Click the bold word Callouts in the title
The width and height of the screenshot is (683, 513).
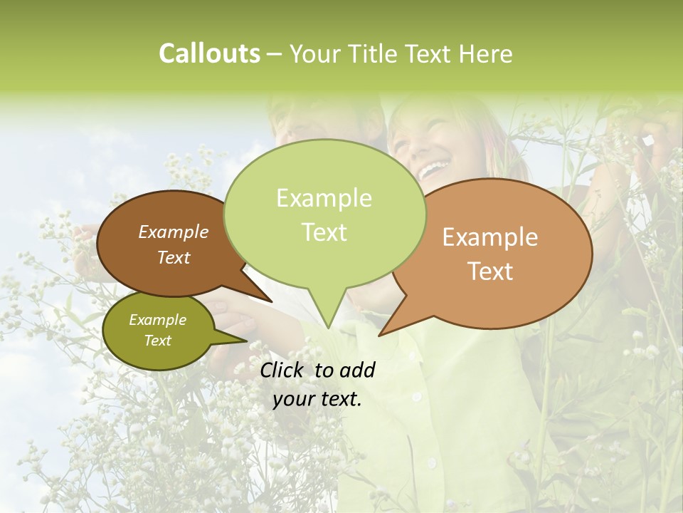209,53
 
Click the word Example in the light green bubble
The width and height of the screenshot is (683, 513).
324,198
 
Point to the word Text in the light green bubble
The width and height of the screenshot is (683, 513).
324,232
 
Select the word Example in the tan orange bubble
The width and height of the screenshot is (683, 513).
490,237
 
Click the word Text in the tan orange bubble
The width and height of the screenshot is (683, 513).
490,271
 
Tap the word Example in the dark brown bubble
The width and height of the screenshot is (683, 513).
173,232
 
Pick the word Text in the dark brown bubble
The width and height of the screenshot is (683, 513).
173,257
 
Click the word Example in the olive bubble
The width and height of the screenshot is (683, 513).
157,320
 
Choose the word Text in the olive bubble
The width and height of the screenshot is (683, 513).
157,341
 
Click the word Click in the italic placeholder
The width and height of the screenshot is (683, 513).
283,370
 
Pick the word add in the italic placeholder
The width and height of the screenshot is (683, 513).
357,370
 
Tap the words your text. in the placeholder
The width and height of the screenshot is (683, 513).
317,399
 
